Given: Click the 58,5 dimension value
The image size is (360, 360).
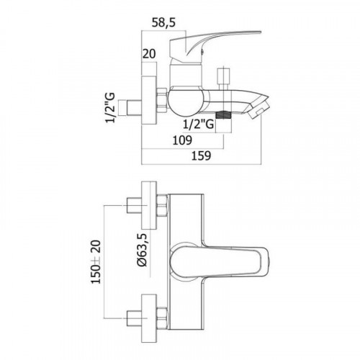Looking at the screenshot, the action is coord(163,22).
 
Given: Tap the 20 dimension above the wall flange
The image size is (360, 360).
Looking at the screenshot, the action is coord(149,54).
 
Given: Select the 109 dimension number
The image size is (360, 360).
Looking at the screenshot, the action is coord(182,140).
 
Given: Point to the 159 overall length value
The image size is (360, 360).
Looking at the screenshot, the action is coord(201,156).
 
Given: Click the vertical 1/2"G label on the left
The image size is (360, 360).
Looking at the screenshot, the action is coord(110,107).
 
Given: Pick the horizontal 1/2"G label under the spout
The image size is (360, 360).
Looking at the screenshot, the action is coord(198,125).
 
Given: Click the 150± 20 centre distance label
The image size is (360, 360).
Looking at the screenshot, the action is coord(96,261).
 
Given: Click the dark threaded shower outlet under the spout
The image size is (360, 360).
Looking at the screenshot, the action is coord(224,115).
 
